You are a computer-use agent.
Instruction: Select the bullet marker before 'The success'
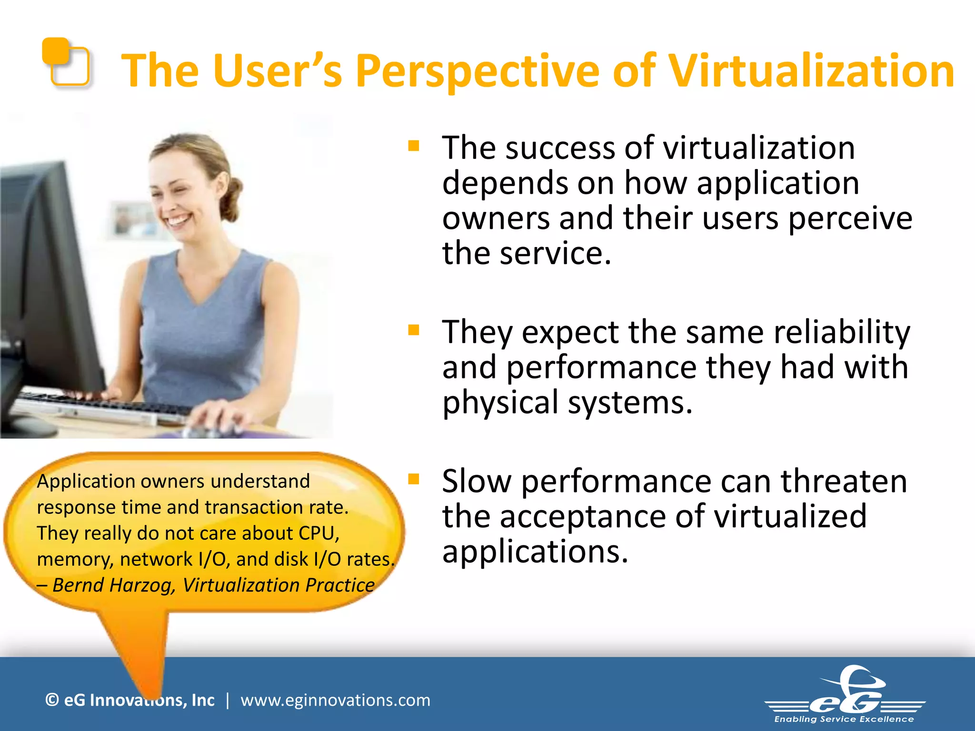413,146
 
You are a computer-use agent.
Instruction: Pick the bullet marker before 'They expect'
413,330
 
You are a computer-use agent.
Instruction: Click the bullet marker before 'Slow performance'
413,479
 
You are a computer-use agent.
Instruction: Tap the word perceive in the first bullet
850,218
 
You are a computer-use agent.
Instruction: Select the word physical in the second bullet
500,403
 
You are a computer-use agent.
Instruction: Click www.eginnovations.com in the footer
335,700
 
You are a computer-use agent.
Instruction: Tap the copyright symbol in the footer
52,700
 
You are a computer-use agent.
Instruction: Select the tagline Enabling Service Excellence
844,719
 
